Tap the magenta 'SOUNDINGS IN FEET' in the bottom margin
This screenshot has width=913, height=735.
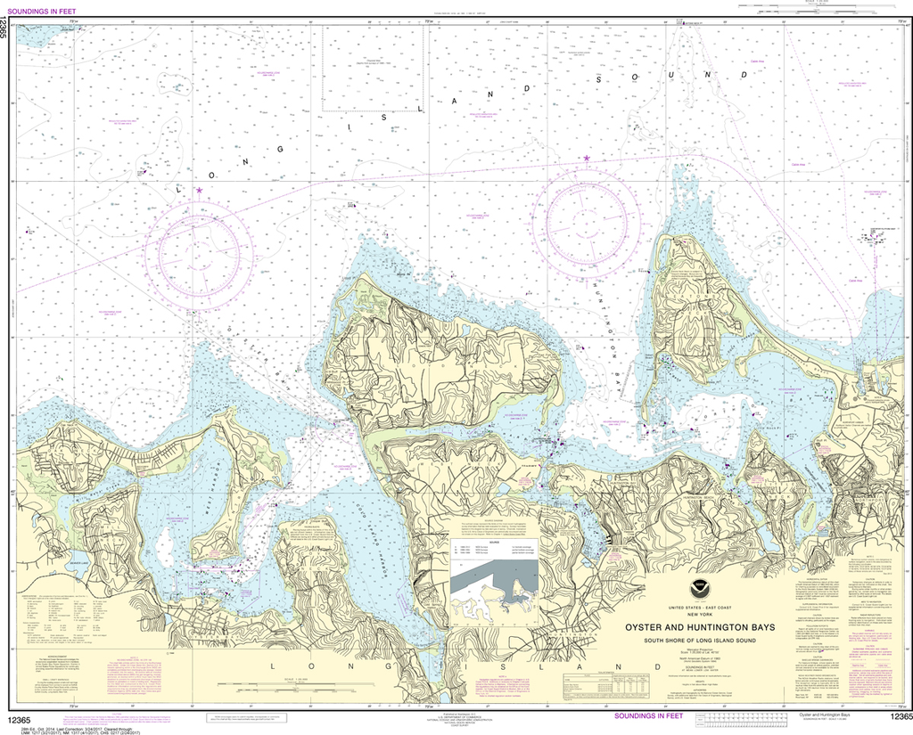pos(653,715)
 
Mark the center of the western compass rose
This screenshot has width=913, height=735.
pos(199,255)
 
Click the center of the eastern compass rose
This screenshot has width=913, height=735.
pos(587,222)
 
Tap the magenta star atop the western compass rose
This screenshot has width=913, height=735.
pos(199,190)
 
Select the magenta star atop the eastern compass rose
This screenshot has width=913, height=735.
pos(587,159)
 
